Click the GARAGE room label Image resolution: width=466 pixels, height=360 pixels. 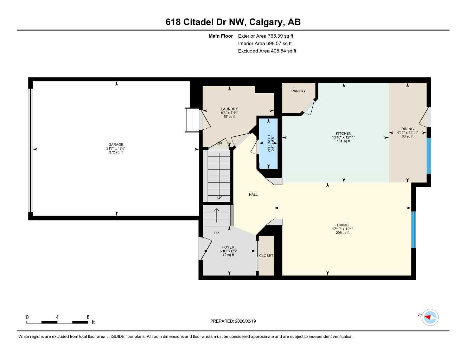(116, 144)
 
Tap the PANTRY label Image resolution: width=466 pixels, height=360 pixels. (298, 91)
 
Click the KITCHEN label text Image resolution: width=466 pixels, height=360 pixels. (343, 134)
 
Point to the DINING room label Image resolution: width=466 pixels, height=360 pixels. (407, 129)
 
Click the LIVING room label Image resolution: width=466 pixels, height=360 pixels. (342, 225)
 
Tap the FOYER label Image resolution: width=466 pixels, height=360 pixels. (228, 247)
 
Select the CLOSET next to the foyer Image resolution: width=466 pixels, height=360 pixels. (266, 256)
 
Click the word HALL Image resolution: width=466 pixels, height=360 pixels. (253, 194)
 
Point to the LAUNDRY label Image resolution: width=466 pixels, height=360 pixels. (229, 109)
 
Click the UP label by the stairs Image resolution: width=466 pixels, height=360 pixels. (217, 233)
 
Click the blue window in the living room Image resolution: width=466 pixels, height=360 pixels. (414, 230)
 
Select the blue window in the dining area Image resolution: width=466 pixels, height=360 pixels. (428, 155)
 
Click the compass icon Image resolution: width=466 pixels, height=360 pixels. (430, 317)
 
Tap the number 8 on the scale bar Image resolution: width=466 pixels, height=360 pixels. (88, 317)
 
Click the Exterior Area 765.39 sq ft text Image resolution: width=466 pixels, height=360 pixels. (266, 36)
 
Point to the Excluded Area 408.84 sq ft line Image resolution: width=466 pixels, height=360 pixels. (267, 51)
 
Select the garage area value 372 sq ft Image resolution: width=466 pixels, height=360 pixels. (116, 152)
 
